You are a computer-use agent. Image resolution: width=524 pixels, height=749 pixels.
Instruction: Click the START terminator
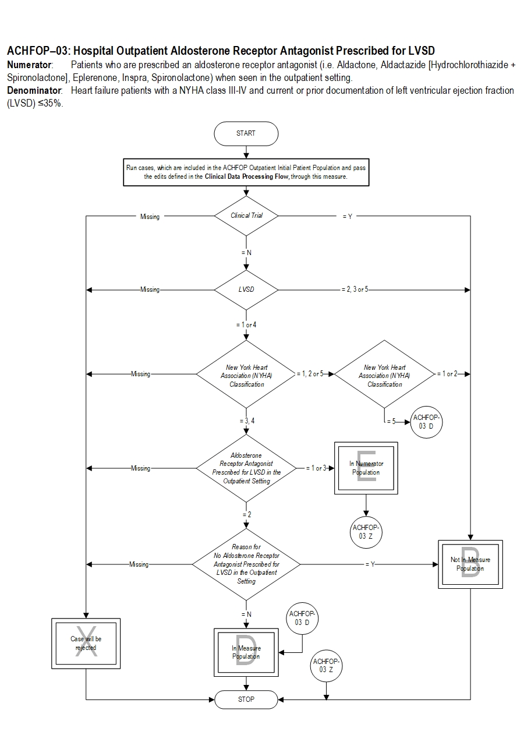pyautogui.click(x=246, y=133)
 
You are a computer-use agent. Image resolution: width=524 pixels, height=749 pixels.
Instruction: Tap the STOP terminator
pyautogui.click(x=246, y=699)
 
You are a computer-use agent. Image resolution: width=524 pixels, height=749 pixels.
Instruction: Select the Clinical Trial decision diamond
pyautogui.click(x=246, y=215)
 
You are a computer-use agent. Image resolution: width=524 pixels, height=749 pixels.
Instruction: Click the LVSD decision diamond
pyautogui.click(x=246, y=289)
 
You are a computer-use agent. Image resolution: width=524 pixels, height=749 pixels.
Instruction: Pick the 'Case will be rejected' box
pyautogui.click(x=86, y=644)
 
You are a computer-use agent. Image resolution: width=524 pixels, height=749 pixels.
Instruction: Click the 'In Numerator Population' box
pyautogui.click(x=366, y=468)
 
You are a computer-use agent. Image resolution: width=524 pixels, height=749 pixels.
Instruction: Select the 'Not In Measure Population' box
pyautogui.click(x=470, y=564)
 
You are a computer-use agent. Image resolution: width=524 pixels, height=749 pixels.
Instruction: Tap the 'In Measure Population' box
pyautogui.click(x=246, y=652)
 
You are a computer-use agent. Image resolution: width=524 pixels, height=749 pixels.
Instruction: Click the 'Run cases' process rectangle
pyautogui.click(x=246, y=172)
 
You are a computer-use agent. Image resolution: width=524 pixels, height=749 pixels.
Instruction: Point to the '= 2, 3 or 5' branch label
pyautogui.click(x=355, y=289)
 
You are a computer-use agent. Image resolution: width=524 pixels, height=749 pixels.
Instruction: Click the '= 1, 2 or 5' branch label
pyautogui.click(x=310, y=374)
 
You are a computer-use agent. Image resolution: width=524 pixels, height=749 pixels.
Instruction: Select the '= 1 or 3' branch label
pyautogui.click(x=316, y=468)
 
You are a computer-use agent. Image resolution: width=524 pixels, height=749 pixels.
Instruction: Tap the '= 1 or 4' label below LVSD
pyautogui.click(x=246, y=324)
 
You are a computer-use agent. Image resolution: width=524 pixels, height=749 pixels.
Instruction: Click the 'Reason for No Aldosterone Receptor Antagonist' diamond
pyautogui.click(x=246, y=564)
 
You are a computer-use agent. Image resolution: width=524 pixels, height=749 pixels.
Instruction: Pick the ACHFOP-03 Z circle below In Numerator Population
pyautogui.click(x=366, y=532)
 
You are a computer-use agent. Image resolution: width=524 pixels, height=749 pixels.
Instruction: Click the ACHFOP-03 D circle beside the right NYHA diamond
pyautogui.click(x=426, y=422)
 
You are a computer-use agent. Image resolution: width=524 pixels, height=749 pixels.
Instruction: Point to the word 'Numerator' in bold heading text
pyautogui.click(x=29, y=65)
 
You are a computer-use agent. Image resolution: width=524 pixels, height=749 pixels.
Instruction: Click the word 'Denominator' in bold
pyautogui.click(x=34, y=90)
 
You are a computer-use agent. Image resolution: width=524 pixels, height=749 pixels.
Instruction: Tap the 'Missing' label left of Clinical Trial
pyautogui.click(x=150, y=217)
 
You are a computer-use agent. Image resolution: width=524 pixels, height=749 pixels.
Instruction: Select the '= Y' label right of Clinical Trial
pyautogui.click(x=348, y=217)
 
